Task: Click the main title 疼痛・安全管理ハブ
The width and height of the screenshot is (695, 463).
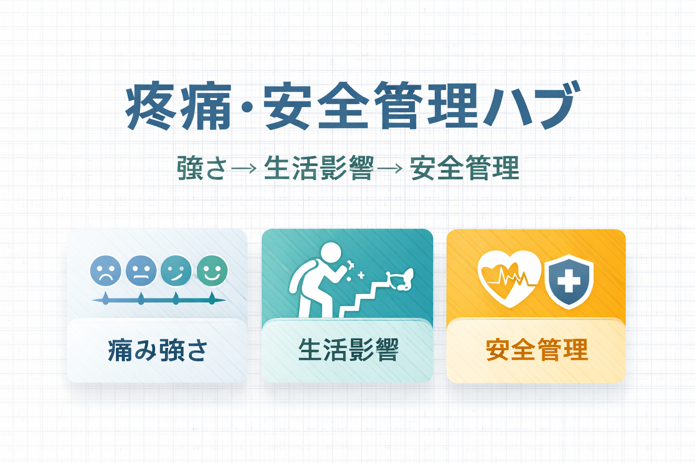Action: click(x=353, y=105)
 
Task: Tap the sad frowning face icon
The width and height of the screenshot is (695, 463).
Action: click(x=106, y=271)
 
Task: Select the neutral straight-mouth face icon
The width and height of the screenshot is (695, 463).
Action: click(x=141, y=271)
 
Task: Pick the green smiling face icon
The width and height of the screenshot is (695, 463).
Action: click(x=212, y=271)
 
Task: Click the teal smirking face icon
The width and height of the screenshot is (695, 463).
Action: click(x=176, y=271)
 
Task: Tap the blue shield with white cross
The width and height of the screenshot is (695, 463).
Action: click(x=569, y=282)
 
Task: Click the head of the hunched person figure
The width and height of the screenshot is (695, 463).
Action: click(x=331, y=252)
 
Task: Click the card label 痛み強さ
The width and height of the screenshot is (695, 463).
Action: click(x=157, y=350)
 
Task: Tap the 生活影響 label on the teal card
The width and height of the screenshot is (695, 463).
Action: click(x=348, y=350)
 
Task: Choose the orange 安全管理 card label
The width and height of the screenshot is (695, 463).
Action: click(x=537, y=350)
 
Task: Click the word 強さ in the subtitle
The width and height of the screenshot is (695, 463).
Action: click(x=202, y=168)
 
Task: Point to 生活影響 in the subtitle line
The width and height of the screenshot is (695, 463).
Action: click(x=319, y=168)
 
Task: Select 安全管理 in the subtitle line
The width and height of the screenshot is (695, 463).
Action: click(x=465, y=168)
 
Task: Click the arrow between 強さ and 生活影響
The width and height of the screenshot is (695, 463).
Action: click(x=244, y=168)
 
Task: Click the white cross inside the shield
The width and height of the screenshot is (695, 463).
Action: click(x=569, y=281)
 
